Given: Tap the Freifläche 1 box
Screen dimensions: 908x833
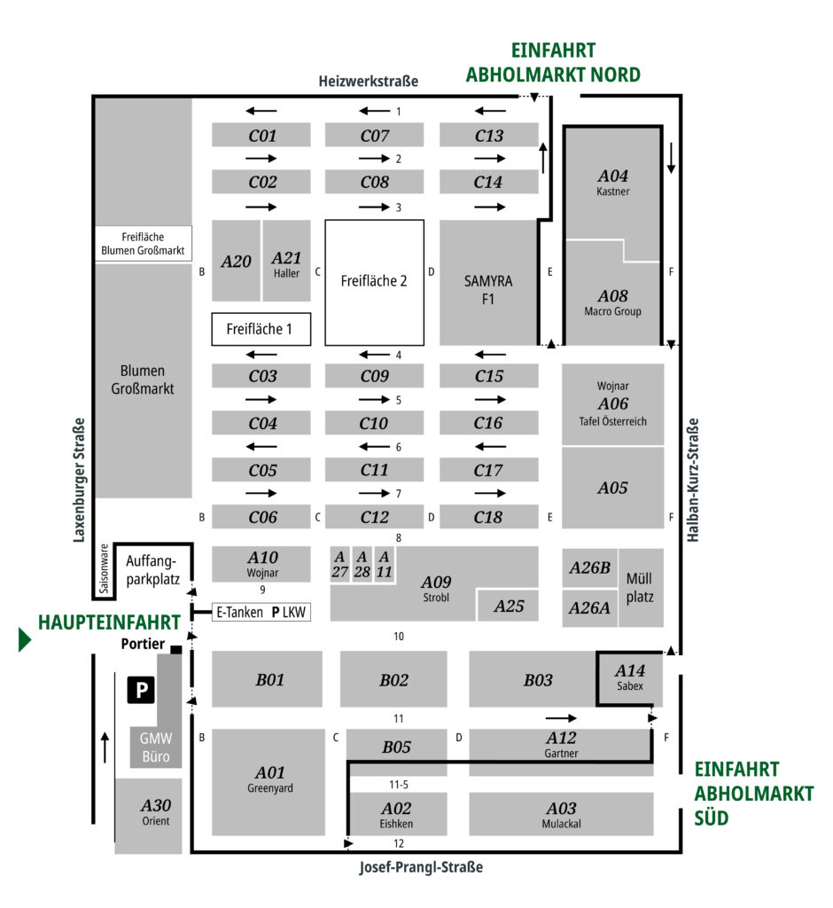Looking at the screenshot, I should click(x=261, y=329).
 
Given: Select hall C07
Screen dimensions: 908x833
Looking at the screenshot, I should click(x=375, y=136).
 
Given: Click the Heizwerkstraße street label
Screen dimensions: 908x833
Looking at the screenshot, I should click(x=368, y=82).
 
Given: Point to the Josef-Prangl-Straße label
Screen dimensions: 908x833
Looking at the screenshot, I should click(x=421, y=867).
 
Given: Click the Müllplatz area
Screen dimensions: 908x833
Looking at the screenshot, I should click(x=639, y=587).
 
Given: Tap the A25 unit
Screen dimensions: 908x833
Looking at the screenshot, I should click(x=509, y=607).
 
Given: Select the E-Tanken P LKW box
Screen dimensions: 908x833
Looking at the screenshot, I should click(x=261, y=612).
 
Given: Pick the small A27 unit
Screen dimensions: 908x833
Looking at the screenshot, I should click(x=339, y=564).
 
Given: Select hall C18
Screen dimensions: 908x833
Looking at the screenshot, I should click(x=488, y=517).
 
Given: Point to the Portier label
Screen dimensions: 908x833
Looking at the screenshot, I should click(x=143, y=646).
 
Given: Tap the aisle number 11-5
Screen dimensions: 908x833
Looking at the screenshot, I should click(x=398, y=785).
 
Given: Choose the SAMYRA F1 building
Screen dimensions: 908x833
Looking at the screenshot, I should click(x=488, y=290).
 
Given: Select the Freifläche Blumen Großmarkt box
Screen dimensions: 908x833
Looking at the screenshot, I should click(x=143, y=244).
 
